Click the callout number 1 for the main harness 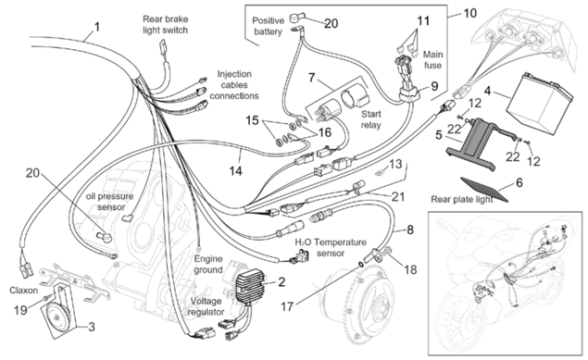(97, 27)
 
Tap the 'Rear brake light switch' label (166, 25)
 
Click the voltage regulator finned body (250, 289)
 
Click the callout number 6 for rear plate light (519, 183)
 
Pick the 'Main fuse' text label (432, 60)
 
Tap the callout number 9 (434, 87)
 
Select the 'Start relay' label (371, 119)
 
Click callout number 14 (235, 171)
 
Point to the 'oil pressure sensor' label (110, 202)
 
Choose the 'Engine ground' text (208, 264)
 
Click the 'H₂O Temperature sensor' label (331, 248)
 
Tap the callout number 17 (287, 306)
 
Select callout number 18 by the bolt (410, 269)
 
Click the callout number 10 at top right (469, 13)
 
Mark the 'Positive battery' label (268, 26)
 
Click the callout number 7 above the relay (312, 78)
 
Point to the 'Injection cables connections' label (234, 85)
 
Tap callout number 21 (398, 197)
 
